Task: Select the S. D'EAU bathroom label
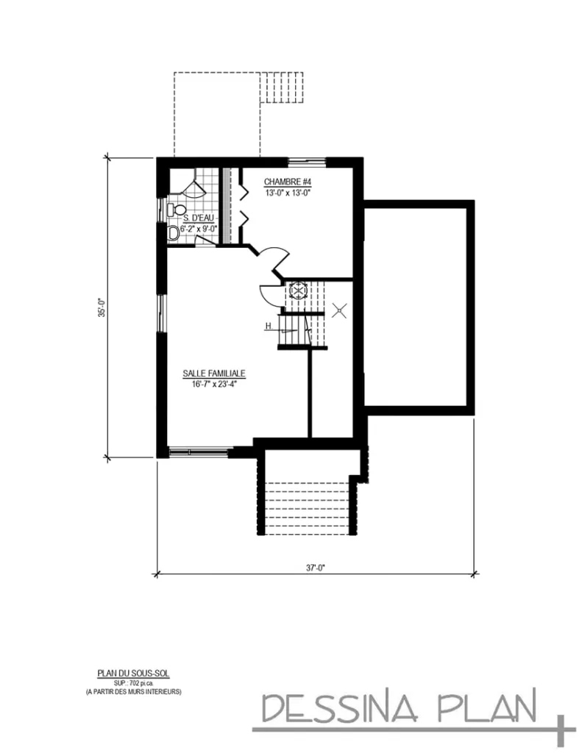198,218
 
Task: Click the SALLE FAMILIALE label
214,374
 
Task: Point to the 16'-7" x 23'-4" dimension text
214,383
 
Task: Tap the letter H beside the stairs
269,326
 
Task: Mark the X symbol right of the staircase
339,311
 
